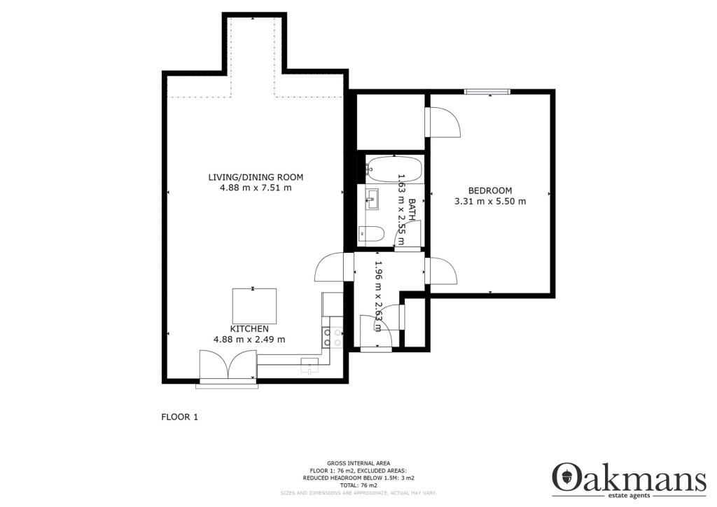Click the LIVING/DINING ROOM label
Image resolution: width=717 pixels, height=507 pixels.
click(256, 176)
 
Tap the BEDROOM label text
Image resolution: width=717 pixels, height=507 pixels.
click(489, 190)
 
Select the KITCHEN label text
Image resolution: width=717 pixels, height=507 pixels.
click(249, 328)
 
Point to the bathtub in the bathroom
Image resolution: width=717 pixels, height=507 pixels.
click(394, 169)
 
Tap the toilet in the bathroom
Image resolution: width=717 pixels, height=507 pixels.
click(370, 235)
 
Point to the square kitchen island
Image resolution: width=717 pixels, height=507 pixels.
click(254, 305)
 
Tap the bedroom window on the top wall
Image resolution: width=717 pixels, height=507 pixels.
click(487, 90)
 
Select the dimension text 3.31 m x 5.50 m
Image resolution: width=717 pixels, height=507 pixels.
click(489, 202)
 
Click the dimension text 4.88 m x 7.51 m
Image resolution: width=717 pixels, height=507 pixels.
click(256, 188)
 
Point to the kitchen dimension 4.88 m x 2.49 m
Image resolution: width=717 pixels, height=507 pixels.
click(249, 340)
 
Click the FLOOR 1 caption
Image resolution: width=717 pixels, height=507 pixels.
click(180, 417)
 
